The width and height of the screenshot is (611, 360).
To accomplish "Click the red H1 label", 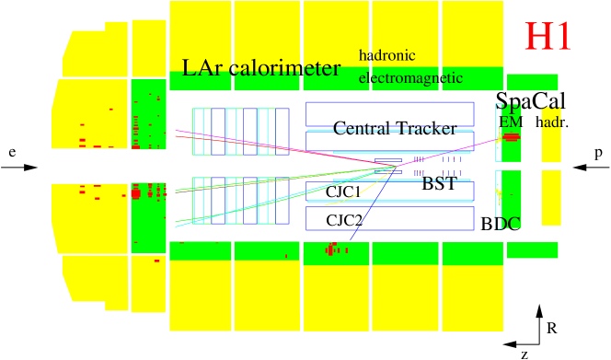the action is pyautogui.click(x=548, y=37).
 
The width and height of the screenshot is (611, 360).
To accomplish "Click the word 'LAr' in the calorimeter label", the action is pyautogui.click(x=202, y=68).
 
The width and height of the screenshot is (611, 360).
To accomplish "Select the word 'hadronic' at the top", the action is pyautogui.click(x=386, y=55).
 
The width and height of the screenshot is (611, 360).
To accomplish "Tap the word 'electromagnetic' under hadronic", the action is pyautogui.click(x=410, y=78).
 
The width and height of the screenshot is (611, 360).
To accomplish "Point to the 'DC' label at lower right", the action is pyautogui.click(x=509, y=222).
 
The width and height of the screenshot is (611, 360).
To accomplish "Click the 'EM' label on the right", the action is pyautogui.click(x=509, y=122).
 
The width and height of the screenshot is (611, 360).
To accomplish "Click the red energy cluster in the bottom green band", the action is pyautogui.click(x=334, y=250).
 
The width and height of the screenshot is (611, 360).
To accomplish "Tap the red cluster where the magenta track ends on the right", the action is pyautogui.click(x=511, y=137).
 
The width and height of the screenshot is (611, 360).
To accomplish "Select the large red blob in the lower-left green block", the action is pyautogui.click(x=136, y=193).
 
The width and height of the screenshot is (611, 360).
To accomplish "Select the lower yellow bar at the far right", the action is pyautogui.click(x=550, y=197).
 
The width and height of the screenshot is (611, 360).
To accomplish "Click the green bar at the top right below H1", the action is pyautogui.click(x=532, y=83).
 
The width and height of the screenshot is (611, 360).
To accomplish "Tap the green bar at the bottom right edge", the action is pyautogui.click(x=532, y=250).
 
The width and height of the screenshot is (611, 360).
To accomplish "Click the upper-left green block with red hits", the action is pyautogui.click(x=147, y=113).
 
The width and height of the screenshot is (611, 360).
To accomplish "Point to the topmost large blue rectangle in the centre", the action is pyautogui.click(x=389, y=113).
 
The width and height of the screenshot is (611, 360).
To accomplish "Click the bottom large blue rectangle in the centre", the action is pyautogui.click(x=389, y=218).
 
